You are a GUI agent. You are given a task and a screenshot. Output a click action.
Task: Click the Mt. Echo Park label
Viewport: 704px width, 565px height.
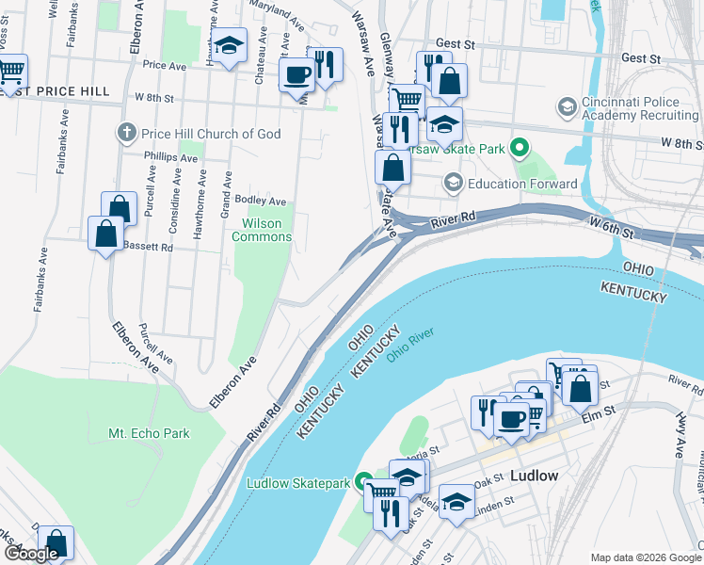click(149, 433)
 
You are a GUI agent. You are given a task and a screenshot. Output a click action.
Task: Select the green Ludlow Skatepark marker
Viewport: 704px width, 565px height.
click(361, 483)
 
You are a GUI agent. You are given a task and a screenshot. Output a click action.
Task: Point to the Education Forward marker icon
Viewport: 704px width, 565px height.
click(454, 183)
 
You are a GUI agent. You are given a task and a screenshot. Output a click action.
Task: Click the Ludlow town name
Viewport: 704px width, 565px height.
click(534, 476)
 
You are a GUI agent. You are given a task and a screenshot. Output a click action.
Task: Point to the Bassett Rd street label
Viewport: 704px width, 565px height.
click(148, 248)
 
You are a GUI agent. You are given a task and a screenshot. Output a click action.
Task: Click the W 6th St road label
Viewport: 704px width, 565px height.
click(614, 225)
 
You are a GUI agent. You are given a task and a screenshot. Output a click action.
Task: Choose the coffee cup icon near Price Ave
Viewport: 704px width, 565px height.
click(297, 73)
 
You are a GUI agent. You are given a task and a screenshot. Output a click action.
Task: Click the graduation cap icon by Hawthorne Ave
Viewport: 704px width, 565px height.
click(228, 46)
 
